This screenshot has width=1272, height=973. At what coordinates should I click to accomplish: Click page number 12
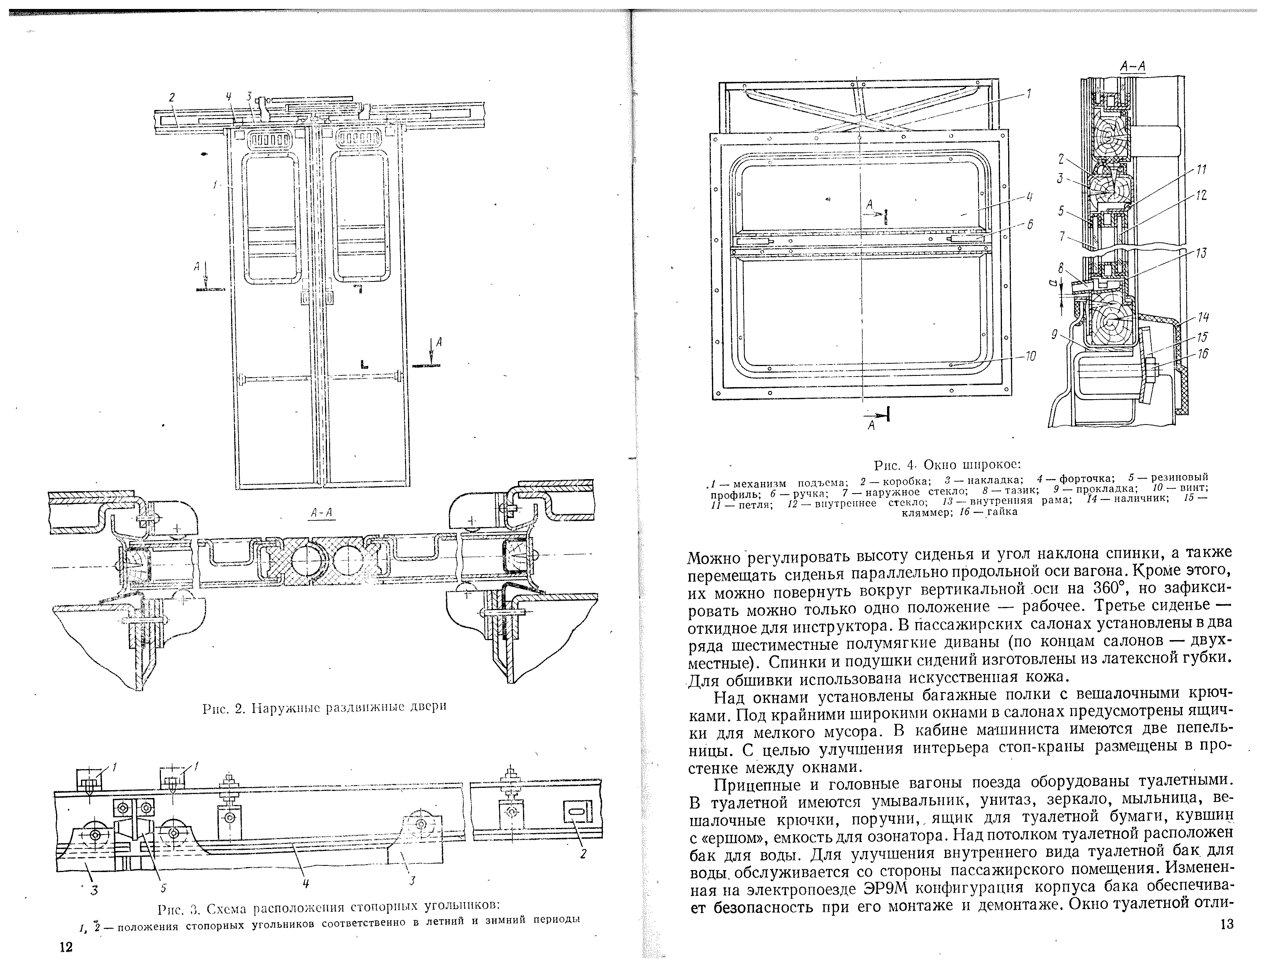tap(66, 947)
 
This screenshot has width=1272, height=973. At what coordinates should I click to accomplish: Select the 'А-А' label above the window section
tap(1132, 67)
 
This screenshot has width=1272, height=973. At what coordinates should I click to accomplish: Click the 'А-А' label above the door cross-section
tap(323, 513)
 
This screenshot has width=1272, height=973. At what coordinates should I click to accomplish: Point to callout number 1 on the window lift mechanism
tap(1028, 93)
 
